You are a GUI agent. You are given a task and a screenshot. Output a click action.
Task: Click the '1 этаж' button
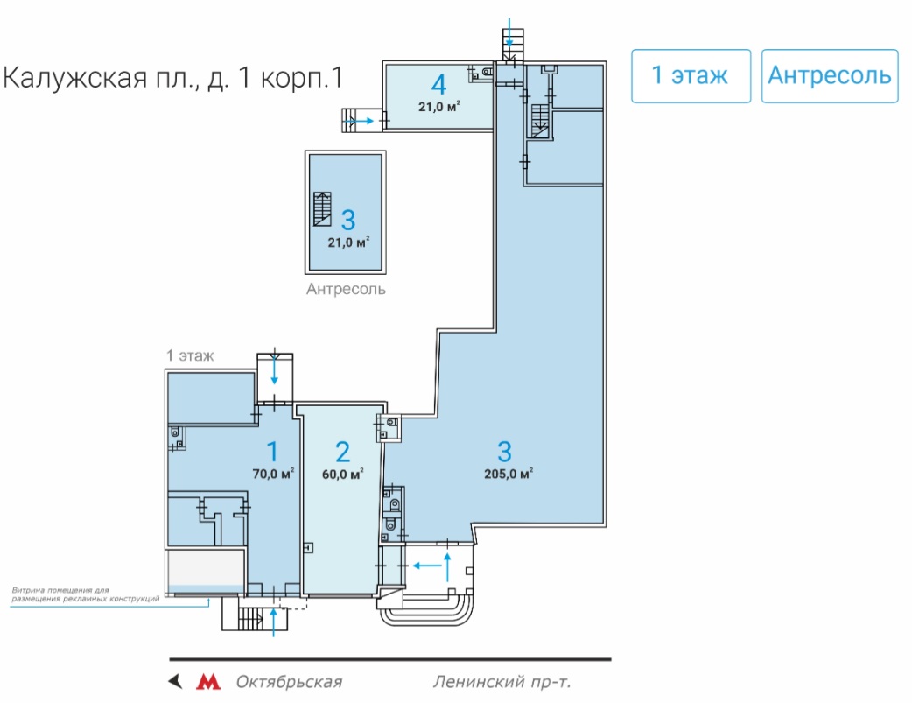click(691, 76)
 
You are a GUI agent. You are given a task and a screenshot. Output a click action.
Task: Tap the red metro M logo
click(208, 681)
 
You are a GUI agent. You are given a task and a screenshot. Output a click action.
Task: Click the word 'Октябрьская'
click(289, 682)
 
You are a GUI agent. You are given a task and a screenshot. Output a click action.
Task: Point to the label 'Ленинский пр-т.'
click(502, 682)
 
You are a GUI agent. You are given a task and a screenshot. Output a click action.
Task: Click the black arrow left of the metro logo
click(175, 681)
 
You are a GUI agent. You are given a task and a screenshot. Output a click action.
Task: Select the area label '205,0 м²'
click(509, 474)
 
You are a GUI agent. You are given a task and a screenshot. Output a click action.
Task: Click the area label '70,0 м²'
click(273, 473)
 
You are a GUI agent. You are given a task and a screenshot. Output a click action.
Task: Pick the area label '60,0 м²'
click(343, 474)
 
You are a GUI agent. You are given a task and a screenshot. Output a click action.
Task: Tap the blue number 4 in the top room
click(439, 85)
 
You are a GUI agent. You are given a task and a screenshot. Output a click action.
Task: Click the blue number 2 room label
click(342, 452)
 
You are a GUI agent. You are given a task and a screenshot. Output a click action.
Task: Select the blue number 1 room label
click(272, 452)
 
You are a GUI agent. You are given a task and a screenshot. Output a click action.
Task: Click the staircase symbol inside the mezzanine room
click(322, 209)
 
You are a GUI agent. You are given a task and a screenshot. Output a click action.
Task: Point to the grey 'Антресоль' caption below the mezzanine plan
click(346, 289)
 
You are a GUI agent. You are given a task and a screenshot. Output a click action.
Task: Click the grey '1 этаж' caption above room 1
click(190, 355)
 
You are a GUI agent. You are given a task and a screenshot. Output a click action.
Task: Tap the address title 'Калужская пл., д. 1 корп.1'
click(173, 78)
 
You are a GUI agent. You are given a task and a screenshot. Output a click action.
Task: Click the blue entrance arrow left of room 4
click(359, 121)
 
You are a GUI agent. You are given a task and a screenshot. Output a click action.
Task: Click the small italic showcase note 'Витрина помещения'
click(60, 590)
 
